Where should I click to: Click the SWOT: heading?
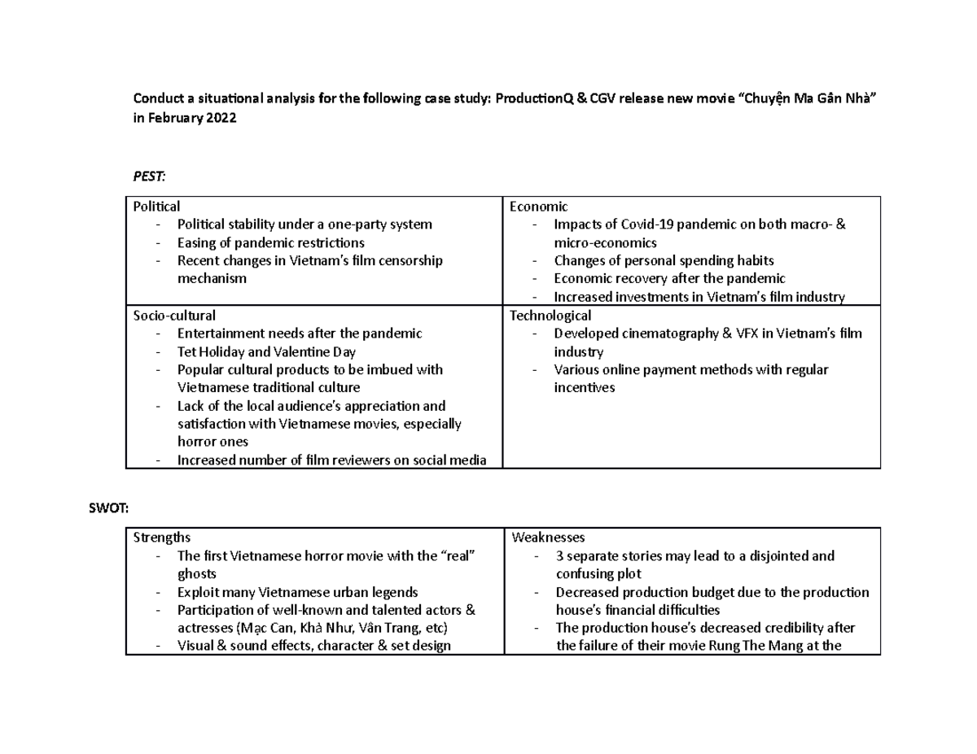(x=107, y=508)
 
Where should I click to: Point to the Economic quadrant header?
(x=538, y=207)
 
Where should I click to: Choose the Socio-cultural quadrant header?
(x=175, y=315)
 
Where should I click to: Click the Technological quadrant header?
(x=550, y=315)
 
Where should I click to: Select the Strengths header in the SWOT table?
(x=162, y=538)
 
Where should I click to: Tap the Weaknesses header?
(x=548, y=538)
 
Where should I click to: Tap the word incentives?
(x=584, y=388)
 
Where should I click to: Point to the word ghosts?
(x=196, y=574)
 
